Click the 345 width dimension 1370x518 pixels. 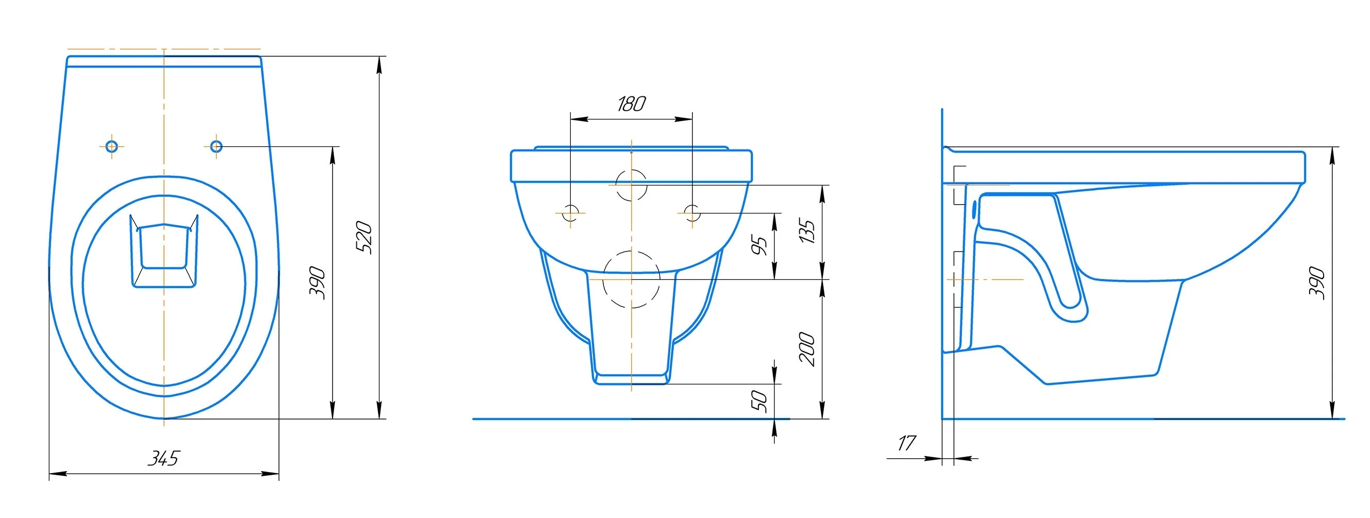point(164,458)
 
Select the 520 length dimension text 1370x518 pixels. point(364,237)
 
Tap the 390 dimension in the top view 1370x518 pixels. point(318,283)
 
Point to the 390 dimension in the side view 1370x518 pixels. point(1317,283)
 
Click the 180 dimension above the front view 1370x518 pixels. point(631,104)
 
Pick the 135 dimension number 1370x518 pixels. point(807,231)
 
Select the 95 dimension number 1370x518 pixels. point(760,245)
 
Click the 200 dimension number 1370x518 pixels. point(807,349)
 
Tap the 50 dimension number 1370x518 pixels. point(760,402)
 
